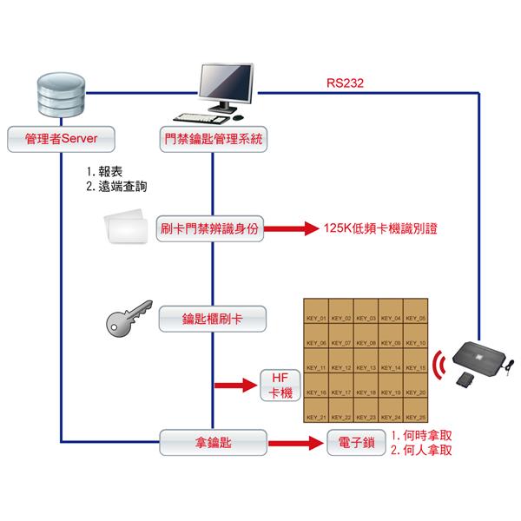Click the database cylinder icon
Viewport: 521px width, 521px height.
click(60, 97)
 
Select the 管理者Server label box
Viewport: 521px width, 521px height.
click(60, 138)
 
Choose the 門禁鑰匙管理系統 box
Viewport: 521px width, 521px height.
click(213, 138)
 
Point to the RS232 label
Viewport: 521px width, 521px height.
click(345, 84)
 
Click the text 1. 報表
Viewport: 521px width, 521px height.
click(108, 172)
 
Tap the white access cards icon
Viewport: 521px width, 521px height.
click(126, 228)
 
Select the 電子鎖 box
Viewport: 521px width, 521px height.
click(356, 442)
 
